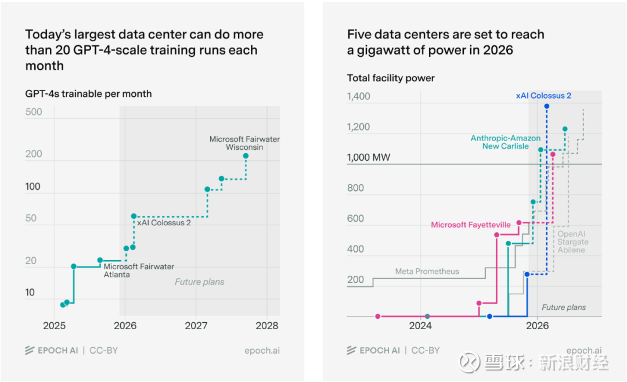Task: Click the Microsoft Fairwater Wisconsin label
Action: pos(244,143)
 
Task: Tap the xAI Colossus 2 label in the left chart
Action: pos(163,222)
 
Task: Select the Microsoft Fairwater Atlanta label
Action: pos(139,271)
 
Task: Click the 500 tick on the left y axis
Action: pos(34,112)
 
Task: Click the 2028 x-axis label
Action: pos(266,326)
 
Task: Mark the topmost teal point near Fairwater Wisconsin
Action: pos(246,156)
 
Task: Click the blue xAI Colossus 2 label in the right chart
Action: pos(543,96)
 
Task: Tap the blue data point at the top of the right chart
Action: pos(546,106)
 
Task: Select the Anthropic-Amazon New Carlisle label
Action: pos(505,142)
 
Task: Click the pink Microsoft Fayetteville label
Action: pos(471,225)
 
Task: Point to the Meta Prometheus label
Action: pos(427,271)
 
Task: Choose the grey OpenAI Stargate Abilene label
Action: pos(572,242)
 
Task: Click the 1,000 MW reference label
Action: pos(369,157)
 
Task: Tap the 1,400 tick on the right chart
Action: pos(358,96)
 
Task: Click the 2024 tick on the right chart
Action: pos(420,326)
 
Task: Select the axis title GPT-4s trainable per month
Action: pos(88,93)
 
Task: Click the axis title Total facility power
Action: pos(391,78)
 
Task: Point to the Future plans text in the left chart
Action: pos(199,282)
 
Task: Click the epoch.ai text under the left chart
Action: pos(262,350)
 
